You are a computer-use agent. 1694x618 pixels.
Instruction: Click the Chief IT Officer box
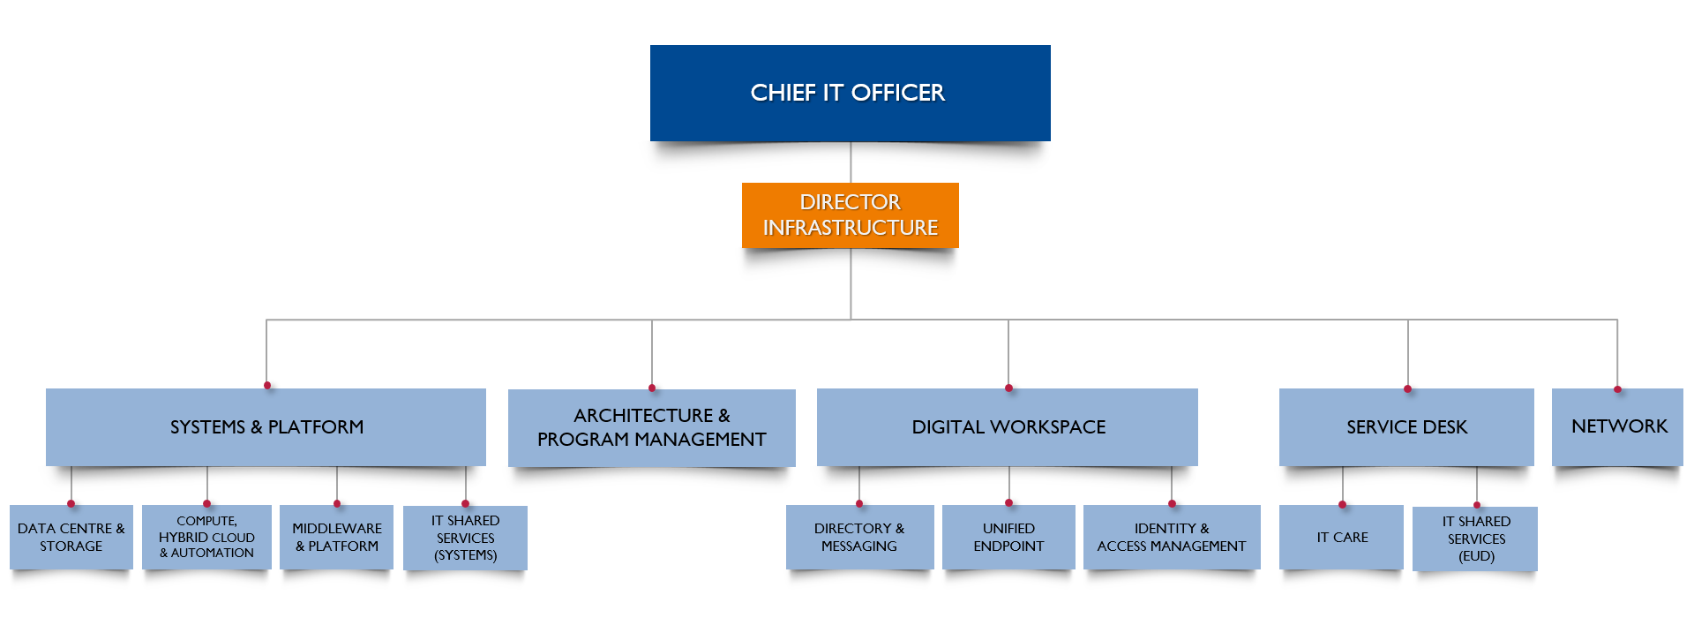pos(850,93)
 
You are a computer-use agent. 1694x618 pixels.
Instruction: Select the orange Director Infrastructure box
pos(850,215)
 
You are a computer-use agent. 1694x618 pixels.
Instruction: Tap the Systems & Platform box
pos(266,426)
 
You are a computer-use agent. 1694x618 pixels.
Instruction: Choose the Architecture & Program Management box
pos(651,427)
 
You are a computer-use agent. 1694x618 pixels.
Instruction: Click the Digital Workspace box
pos(1008,426)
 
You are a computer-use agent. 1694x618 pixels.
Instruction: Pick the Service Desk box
pos(1406,426)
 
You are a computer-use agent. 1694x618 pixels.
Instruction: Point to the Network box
pos(1617,426)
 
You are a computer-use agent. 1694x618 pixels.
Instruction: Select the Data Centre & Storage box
pos(71,537)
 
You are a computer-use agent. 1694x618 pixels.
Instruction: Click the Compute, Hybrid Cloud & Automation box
pos(206,537)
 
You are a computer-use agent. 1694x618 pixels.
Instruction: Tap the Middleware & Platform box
pos(336,537)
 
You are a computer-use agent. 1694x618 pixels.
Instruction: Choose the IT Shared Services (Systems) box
pos(465,538)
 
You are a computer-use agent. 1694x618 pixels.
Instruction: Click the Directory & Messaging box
pos(859,537)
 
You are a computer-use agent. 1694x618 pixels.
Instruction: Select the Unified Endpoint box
pos(1008,537)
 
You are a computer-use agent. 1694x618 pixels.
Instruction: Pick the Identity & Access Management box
pos(1172,537)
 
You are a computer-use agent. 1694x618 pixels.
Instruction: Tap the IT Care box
pos(1341,537)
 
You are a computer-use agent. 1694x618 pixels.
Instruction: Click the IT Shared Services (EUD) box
pos(1475,539)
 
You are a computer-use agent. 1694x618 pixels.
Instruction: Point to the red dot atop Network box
pos(1617,389)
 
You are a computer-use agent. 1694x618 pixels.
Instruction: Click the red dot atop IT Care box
pos(1342,505)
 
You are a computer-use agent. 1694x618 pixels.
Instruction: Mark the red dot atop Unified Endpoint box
pos(1008,503)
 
